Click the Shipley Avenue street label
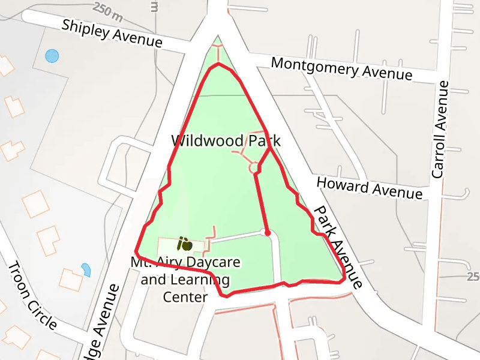click(112, 34)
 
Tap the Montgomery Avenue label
click(341, 68)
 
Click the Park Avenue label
click(337, 246)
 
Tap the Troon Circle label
click(33, 296)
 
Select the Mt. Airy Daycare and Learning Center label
click(186, 280)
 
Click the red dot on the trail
click(268, 232)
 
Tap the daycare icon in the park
click(184, 244)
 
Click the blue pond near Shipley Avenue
click(52, 56)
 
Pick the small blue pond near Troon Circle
click(86, 269)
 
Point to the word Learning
click(201, 280)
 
